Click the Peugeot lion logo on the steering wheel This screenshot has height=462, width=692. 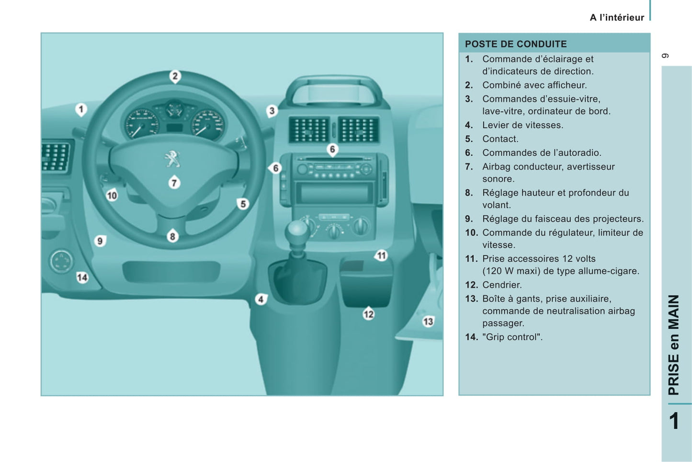tap(172, 159)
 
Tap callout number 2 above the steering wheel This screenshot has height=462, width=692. tap(175, 76)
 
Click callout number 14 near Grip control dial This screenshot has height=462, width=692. tap(82, 277)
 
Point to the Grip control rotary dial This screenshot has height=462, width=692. tap(61, 261)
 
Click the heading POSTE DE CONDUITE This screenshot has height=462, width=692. tap(516, 44)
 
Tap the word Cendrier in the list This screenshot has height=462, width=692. tap(502, 285)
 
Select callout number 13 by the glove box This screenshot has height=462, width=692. tap(428, 322)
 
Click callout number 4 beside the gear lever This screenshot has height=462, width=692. tap(261, 300)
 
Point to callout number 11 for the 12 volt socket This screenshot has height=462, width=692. tap(381, 255)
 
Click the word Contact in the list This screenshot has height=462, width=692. tap(500, 139)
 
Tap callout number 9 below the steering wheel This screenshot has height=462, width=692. tap(100, 241)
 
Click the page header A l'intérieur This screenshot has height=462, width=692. tap(617, 17)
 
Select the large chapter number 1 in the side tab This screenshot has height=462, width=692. tap(675, 421)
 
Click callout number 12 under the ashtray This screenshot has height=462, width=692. tap(369, 314)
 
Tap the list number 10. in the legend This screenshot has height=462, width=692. tap(472, 232)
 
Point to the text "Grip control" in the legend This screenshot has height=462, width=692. tap(512, 337)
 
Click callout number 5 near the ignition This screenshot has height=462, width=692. tap(243, 204)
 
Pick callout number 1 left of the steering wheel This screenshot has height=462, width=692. tap(81, 110)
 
